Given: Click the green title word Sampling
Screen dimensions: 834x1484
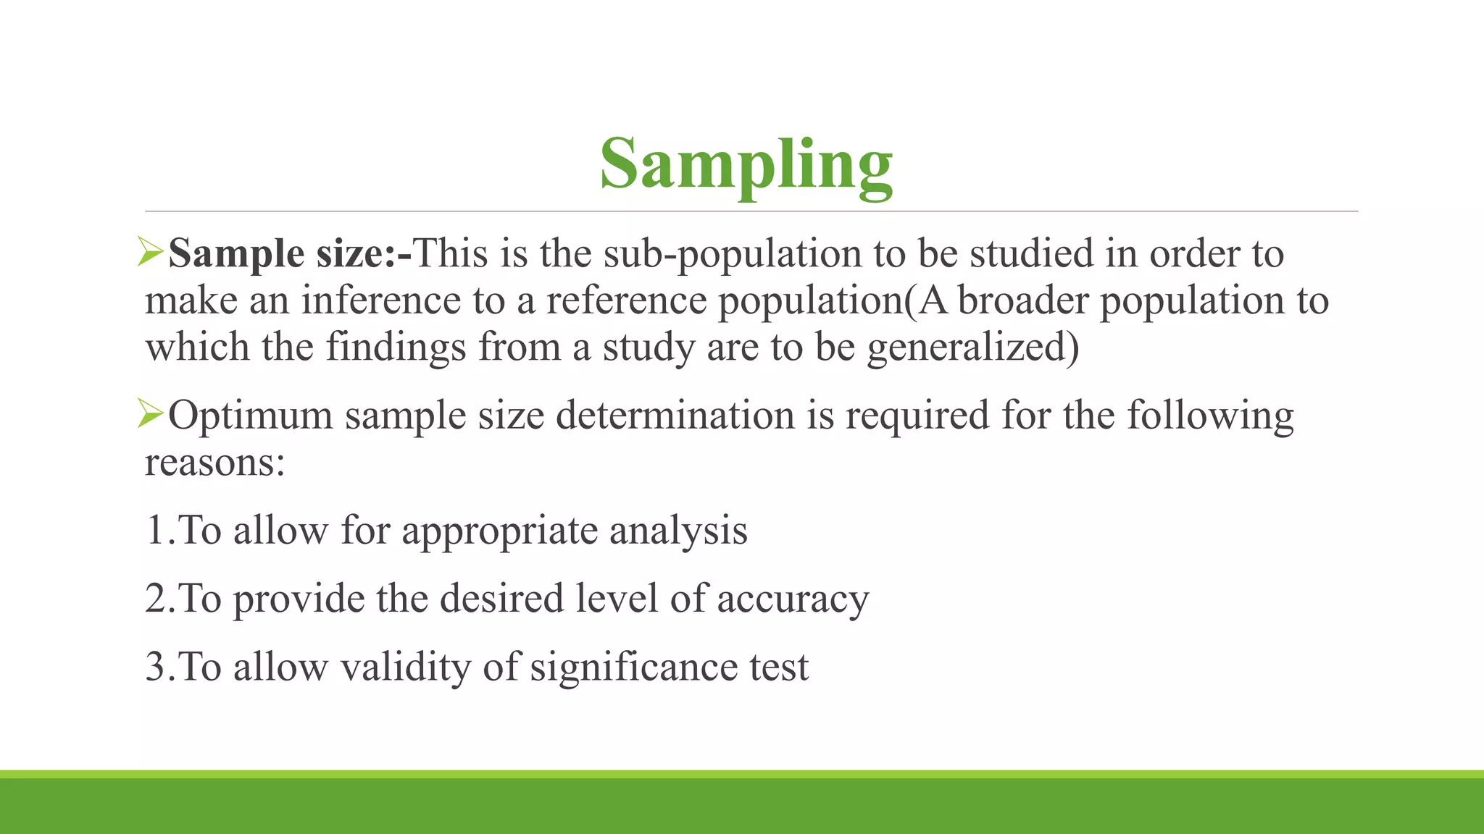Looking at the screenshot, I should click(x=746, y=165).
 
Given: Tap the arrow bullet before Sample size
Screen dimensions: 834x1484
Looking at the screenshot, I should click(x=151, y=252).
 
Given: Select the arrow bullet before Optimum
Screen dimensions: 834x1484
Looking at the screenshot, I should click(x=151, y=414).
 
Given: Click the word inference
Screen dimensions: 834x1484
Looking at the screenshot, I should click(x=381, y=300).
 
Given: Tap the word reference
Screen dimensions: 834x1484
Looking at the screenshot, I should click(x=626, y=300).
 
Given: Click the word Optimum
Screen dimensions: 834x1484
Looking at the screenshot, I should click(x=251, y=416).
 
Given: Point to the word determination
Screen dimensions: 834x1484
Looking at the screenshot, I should click(x=675, y=416).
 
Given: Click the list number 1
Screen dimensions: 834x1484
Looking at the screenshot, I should click(x=156, y=530).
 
